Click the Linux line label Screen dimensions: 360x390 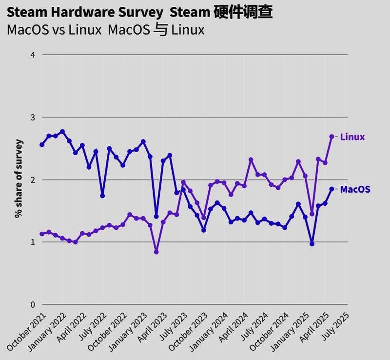click(x=352, y=137)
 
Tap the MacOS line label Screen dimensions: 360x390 click(x=354, y=189)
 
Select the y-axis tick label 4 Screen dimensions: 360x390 click(x=33, y=55)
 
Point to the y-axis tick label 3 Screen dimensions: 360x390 click(x=33, y=117)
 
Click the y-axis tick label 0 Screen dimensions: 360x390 click(x=33, y=304)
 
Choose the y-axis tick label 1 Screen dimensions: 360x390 click(x=33, y=242)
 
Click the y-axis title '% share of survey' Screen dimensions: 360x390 click(x=19, y=179)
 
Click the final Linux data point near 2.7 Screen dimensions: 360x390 click(x=332, y=137)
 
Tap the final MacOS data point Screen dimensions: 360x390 click(x=332, y=189)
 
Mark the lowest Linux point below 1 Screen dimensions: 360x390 click(x=156, y=252)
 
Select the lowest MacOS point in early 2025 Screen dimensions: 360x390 click(x=312, y=243)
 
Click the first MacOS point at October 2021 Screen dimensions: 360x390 click(x=42, y=145)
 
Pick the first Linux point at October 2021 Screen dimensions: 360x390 click(x=42, y=234)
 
